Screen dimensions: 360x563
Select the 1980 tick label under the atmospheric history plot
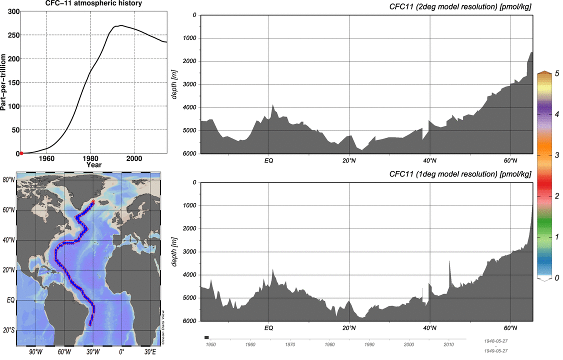pos(90,159)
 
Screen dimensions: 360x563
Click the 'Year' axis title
pos(93,164)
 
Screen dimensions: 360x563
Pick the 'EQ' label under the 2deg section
pos(269,161)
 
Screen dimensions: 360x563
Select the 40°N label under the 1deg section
pos(430,328)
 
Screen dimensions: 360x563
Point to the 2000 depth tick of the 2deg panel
pos(189,61)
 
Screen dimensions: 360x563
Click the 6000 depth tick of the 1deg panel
pos(189,321)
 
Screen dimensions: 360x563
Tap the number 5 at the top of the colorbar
pos(556,73)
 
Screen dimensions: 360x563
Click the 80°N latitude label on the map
pos(8,180)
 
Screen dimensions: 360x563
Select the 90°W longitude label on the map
pos(34,352)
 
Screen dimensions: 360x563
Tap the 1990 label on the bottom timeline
pos(369,345)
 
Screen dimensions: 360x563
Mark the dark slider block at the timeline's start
pos(206,338)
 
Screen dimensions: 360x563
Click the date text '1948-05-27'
pos(496,340)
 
